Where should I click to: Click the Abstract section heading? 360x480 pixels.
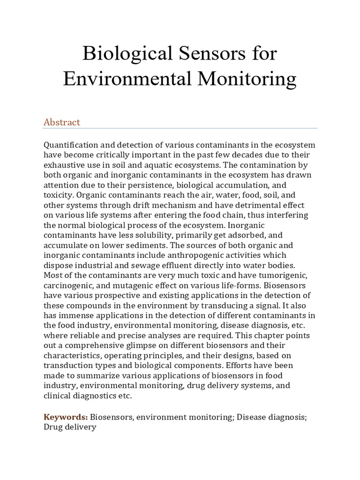(x=62, y=122)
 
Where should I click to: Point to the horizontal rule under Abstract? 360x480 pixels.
(x=180, y=128)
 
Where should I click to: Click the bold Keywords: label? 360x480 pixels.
(x=66, y=417)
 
